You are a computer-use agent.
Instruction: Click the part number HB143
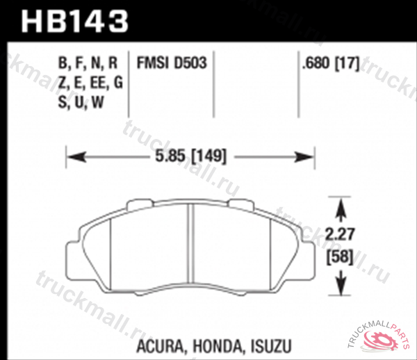coord(76,21)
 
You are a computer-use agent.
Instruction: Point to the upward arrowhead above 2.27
coord(340,206)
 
